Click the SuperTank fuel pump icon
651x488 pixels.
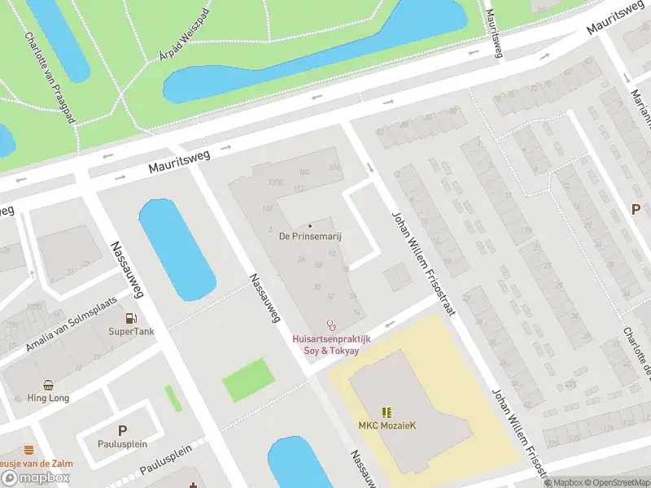pyautogui.click(x=131, y=318)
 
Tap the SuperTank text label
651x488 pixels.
pyautogui.click(x=131, y=332)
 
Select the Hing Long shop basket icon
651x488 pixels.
pyautogui.click(x=50, y=385)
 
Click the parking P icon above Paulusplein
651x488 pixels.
pyautogui.click(x=123, y=430)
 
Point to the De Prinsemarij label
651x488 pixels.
pyautogui.click(x=309, y=237)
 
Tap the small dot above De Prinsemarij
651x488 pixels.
pyautogui.click(x=309, y=226)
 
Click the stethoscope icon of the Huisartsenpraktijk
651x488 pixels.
pyautogui.click(x=331, y=325)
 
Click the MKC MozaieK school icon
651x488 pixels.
pyautogui.click(x=387, y=412)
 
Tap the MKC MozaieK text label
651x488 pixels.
pyautogui.click(x=387, y=426)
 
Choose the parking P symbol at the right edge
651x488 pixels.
pyautogui.click(x=636, y=209)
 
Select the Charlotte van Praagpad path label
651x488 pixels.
pyautogui.click(x=50, y=77)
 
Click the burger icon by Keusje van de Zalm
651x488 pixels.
pyautogui.click(x=29, y=450)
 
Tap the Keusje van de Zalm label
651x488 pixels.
pyautogui.click(x=37, y=464)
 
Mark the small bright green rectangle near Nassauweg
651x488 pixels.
pyautogui.click(x=247, y=381)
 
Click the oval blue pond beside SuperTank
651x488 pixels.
pyautogui.click(x=177, y=248)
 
